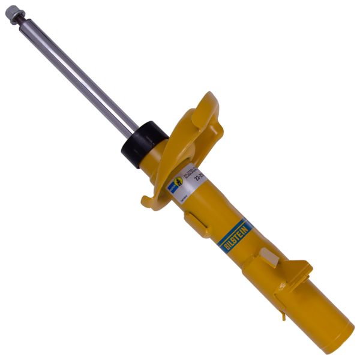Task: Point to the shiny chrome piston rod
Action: [x=78, y=73]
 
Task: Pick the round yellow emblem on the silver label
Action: [x=178, y=182]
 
